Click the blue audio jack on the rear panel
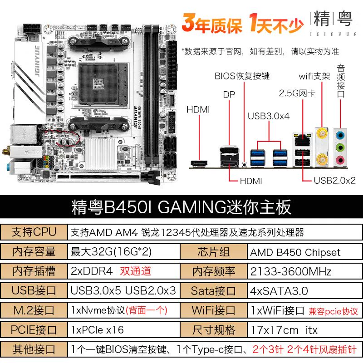click(x=340, y=135)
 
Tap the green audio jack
click(x=340, y=147)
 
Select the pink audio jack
click(x=340, y=160)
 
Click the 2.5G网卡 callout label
click(x=297, y=93)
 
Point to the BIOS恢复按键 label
click(x=242, y=76)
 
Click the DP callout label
click(x=229, y=95)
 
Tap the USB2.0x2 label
click(x=334, y=181)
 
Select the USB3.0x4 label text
click(x=269, y=116)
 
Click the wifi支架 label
click(x=314, y=76)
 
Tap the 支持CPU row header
click(x=34, y=232)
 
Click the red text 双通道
click(x=135, y=271)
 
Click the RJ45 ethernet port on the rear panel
click(x=302, y=140)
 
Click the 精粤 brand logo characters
click(x=333, y=19)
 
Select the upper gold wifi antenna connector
click(x=322, y=133)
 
